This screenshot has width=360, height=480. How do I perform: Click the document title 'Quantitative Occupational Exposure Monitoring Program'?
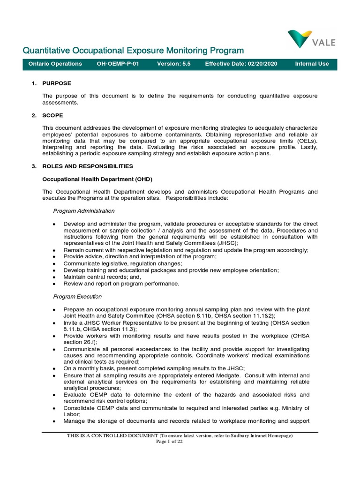click(x=134, y=51)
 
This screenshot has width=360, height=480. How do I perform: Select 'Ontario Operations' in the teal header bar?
click(x=55, y=64)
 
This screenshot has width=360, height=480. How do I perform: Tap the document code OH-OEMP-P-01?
click(x=118, y=64)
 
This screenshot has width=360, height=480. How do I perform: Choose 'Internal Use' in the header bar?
click(x=312, y=64)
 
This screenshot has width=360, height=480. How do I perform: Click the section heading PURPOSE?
click(x=57, y=83)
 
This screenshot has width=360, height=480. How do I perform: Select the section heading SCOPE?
click(x=53, y=115)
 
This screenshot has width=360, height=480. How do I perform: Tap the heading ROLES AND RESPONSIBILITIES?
click(x=88, y=166)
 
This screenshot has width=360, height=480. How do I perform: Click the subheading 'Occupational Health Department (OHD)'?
click(x=97, y=179)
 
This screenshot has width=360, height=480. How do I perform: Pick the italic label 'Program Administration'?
click(x=84, y=211)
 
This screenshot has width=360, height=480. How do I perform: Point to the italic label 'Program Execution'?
click(x=77, y=297)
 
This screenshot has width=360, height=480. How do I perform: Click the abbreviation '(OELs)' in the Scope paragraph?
click(x=306, y=141)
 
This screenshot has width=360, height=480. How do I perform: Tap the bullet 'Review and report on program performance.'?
click(x=121, y=284)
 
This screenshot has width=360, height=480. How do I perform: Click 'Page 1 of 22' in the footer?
click(x=170, y=442)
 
